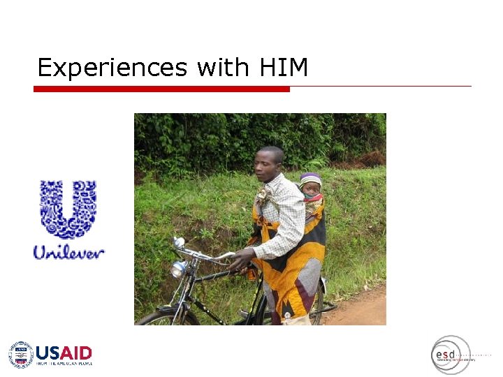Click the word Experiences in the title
(112, 68)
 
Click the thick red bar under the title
(161, 89)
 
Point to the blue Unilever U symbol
(68, 208)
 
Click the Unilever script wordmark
(68, 252)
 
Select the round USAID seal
(20, 355)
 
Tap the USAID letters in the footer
(64, 353)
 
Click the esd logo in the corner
(449, 355)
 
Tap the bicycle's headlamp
(179, 269)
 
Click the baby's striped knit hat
(311, 178)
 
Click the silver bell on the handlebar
(179, 243)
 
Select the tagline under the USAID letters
(64, 364)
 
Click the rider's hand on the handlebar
(240, 260)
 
